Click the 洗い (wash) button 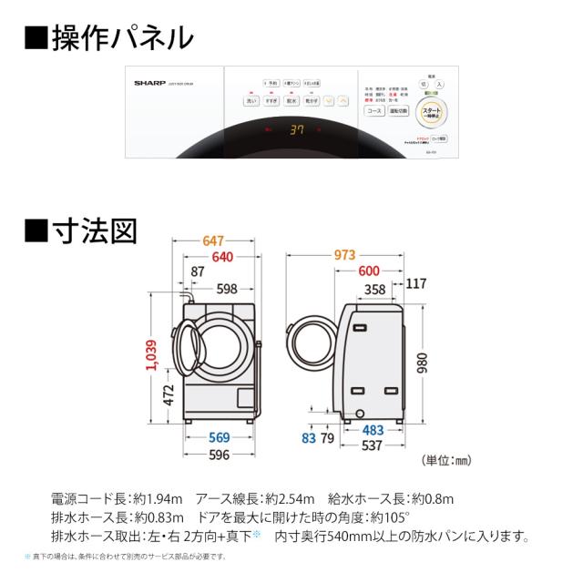coord(249,103)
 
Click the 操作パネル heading coord(107,38)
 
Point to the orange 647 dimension coord(212,240)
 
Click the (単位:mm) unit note coord(446,462)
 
